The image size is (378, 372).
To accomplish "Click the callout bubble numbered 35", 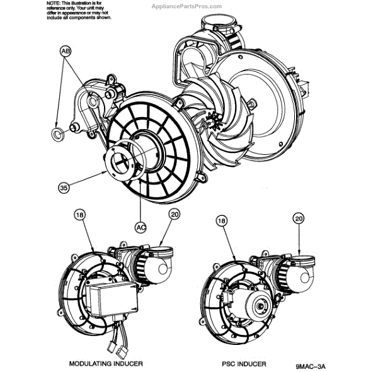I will [x=64, y=186].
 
